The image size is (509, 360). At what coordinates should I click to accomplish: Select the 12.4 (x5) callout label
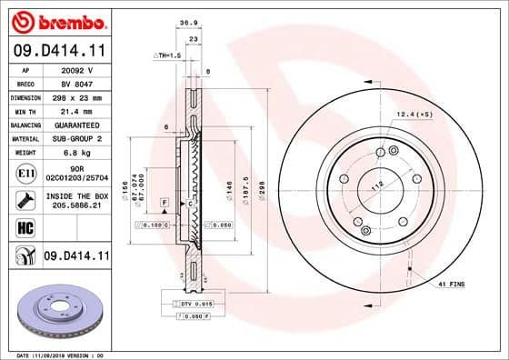point(413,114)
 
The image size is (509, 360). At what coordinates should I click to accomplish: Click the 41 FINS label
point(450,285)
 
